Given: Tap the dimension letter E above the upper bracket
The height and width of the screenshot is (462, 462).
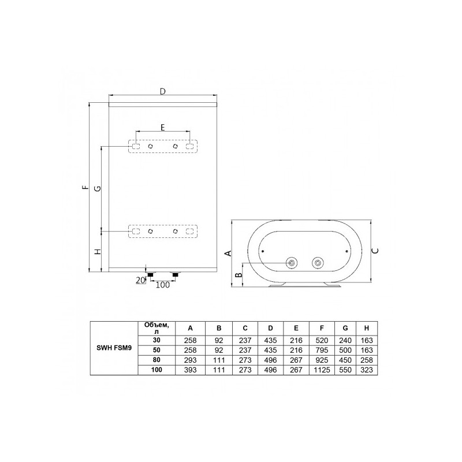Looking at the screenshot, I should pyautogui.click(x=162, y=126).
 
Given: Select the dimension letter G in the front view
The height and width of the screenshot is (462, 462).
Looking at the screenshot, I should pyautogui.click(x=98, y=188).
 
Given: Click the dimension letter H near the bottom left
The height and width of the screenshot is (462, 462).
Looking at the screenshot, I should pyautogui.click(x=98, y=251).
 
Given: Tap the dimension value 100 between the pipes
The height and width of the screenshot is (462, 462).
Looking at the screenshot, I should pyautogui.click(x=163, y=285).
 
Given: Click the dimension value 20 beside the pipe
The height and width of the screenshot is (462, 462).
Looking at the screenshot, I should pyautogui.click(x=139, y=280).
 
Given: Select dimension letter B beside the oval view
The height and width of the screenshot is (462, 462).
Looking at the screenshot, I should pyautogui.click(x=237, y=275).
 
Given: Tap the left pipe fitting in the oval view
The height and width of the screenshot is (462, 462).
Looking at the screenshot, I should pyautogui.click(x=292, y=263).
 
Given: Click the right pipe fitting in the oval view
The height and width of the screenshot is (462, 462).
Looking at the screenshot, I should pyautogui.click(x=316, y=263).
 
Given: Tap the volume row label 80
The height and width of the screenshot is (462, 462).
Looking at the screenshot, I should pyautogui.click(x=155, y=360).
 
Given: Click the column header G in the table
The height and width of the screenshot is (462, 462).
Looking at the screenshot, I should pyautogui.click(x=344, y=328).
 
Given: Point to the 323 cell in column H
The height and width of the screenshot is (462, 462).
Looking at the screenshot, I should pyautogui.click(x=366, y=370).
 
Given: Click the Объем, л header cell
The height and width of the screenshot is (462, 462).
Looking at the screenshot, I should pyautogui.click(x=155, y=328).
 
